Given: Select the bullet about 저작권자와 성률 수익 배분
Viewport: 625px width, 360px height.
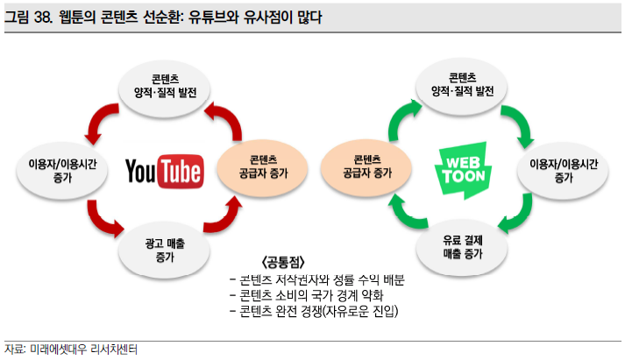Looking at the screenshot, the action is point(318,279).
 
